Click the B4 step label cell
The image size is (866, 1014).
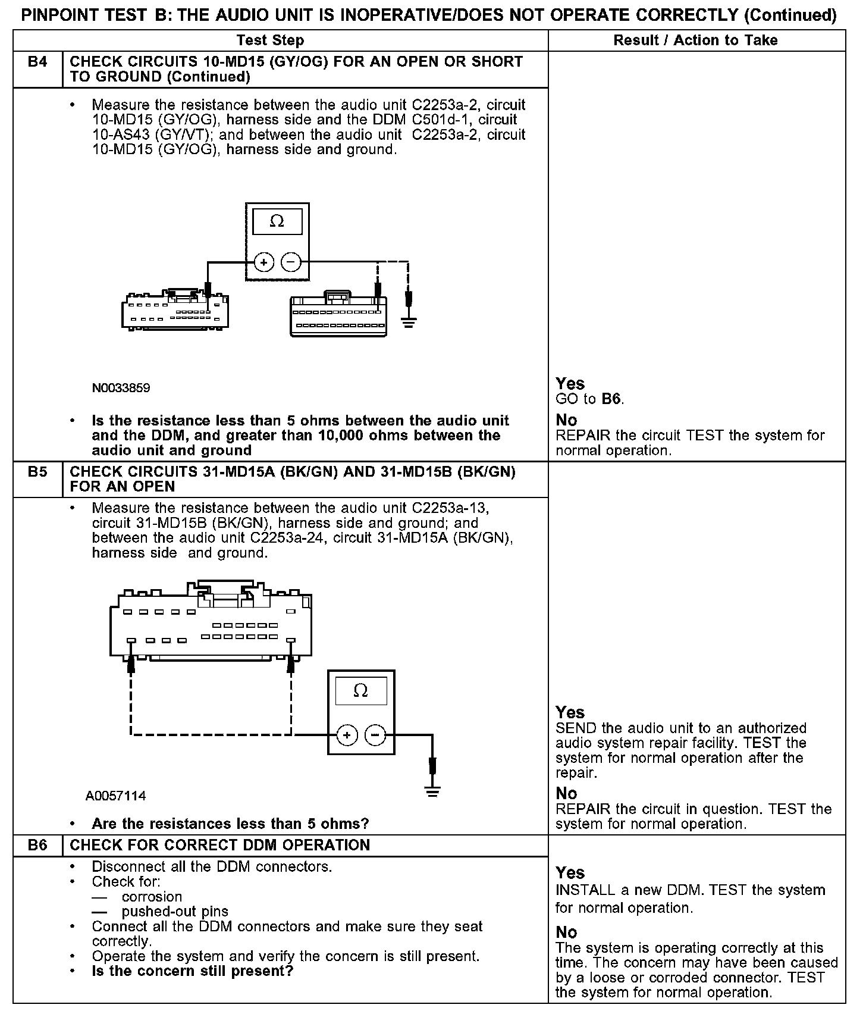tap(37, 62)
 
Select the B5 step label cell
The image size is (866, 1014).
tap(37, 472)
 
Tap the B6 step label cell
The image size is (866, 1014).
tap(37, 845)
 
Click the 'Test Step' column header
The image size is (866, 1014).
tap(270, 40)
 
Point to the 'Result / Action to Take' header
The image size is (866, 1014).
tap(695, 40)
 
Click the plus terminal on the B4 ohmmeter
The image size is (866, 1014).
tap(264, 262)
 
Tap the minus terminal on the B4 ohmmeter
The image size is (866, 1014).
tap(291, 262)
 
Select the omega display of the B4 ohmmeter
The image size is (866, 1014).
tap(277, 222)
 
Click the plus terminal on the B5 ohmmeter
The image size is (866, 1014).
tap(347, 736)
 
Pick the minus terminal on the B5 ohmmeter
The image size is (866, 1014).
tap(375, 736)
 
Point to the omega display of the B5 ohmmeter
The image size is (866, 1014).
tap(360, 691)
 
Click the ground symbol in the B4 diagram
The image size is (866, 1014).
tap(408, 323)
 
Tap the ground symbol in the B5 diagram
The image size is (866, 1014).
tap(433, 792)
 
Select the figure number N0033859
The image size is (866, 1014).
tap(121, 388)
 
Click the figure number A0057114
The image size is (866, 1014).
tap(115, 796)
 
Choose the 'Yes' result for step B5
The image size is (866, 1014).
tap(570, 712)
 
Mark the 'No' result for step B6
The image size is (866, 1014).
tap(566, 932)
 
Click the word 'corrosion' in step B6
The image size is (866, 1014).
tap(152, 897)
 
